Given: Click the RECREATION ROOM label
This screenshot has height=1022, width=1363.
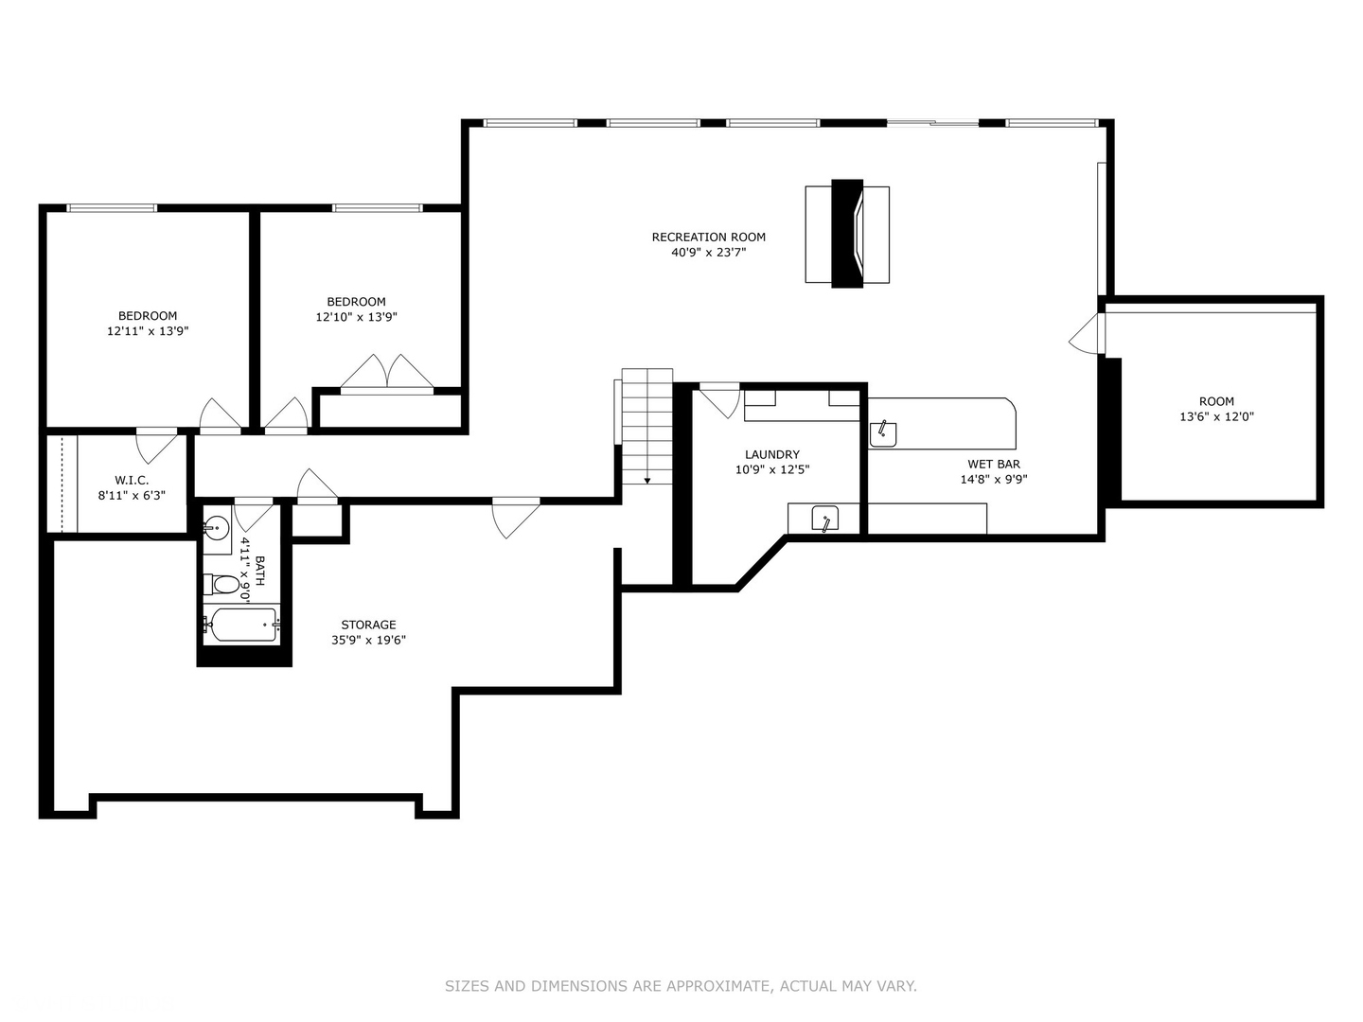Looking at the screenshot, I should coord(708,238).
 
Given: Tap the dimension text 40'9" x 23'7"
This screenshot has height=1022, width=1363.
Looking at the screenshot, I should coord(708,253).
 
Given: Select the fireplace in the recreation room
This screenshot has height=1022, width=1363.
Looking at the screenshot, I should coord(847,233).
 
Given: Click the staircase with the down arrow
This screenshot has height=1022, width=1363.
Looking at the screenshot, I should coord(647,426).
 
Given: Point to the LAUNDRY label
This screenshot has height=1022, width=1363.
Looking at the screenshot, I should coord(771,454).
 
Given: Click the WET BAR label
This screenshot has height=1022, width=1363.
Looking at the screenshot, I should coord(994,464).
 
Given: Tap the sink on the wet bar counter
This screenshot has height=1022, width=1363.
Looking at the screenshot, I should coord(883,434).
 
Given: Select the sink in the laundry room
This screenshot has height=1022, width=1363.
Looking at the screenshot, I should coord(824,520).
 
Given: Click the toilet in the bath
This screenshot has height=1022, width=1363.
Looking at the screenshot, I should coord(224,585).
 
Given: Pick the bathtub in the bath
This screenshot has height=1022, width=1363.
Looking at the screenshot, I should coord(242,625).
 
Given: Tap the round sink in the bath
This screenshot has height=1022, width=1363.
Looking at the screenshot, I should coord(217,527).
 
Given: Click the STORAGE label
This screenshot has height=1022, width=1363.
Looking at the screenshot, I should coord(368,625).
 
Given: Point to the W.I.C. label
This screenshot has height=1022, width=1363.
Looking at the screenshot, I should coord(132,480).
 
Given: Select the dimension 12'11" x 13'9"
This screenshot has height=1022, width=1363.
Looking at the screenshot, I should coord(148,331).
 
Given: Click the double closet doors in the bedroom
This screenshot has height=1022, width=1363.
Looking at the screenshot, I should coord(386,373).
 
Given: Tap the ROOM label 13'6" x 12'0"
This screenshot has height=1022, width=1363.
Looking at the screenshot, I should coord(1216,401).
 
